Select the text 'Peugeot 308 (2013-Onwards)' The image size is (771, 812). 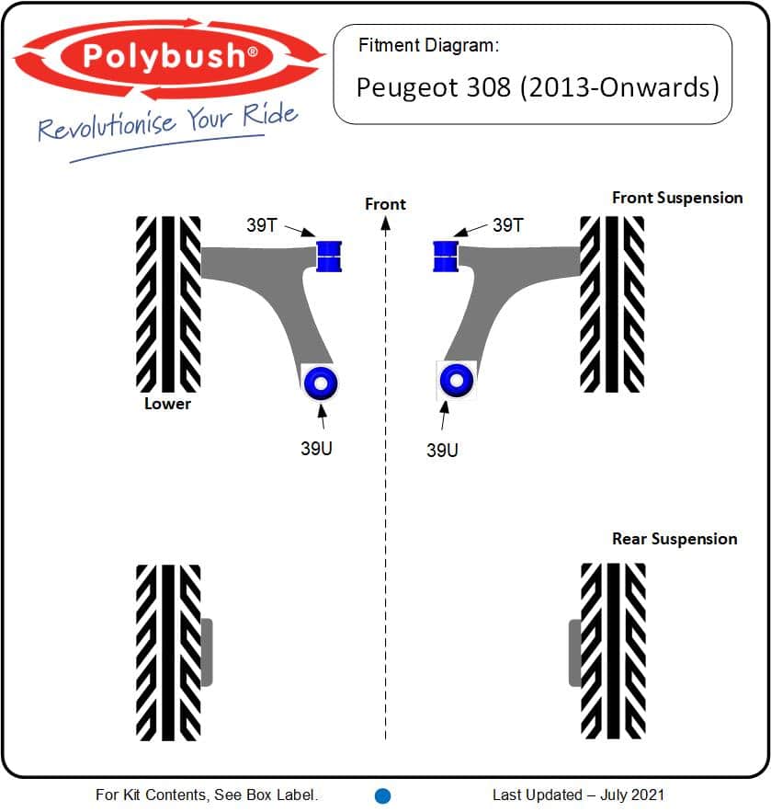pyautogui.click(x=538, y=87)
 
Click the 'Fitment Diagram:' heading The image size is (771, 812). pyautogui.click(x=428, y=46)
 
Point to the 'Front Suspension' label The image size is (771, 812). pyautogui.click(x=677, y=198)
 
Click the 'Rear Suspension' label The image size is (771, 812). pyautogui.click(x=675, y=539)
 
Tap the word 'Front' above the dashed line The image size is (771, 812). pyautogui.click(x=386, y=204)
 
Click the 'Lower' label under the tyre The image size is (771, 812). pyautogui.click(x=167, y=404)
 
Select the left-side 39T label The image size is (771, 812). pyautogui.click(x=262, y=225)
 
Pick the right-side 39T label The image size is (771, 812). pyautogui.click(x=508, y=225)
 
